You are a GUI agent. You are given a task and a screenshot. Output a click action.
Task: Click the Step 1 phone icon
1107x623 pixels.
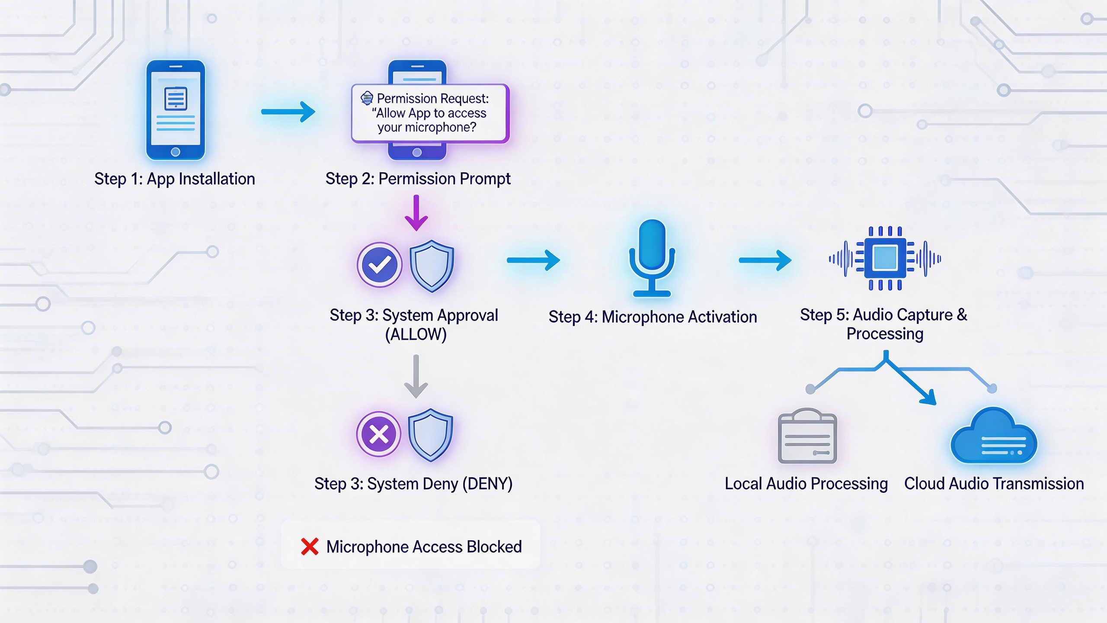[175, 110]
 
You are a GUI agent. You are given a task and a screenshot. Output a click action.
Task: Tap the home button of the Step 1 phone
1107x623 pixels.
[175, 152]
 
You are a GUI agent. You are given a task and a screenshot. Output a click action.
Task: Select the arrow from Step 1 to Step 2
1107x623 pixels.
[288, 112]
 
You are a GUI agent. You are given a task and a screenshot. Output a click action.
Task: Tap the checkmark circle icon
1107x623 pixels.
[379, 265]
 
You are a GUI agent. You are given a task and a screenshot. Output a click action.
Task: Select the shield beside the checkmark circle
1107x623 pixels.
[432, 266]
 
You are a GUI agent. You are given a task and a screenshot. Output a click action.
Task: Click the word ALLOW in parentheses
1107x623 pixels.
[416, 334]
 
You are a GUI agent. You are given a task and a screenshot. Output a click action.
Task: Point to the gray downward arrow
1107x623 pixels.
[416, 376]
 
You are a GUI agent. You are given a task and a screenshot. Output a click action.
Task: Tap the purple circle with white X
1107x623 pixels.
[379, 434]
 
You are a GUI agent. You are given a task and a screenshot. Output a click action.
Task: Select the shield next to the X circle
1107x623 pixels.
[431, 434]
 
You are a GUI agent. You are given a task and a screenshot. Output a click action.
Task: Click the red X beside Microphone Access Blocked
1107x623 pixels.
[310, 546]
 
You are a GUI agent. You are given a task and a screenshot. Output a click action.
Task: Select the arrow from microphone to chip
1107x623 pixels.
[765, 260]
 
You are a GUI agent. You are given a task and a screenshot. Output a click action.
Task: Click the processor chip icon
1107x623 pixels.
[885, 258]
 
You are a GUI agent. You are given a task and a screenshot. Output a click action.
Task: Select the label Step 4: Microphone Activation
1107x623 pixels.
[653, 317]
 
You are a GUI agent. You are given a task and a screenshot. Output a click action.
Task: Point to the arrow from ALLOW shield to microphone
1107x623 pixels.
[533, 260]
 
